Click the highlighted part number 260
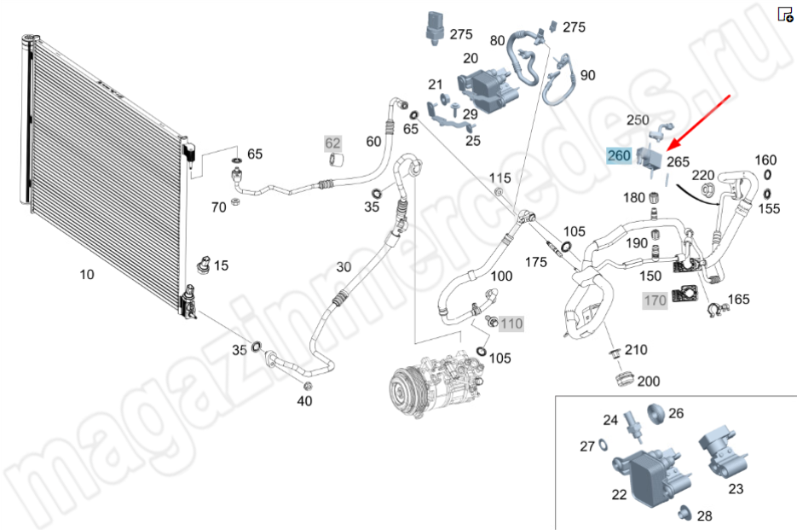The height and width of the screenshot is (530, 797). [x=619, y=155]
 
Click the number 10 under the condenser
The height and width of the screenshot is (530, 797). [x=86, y=274]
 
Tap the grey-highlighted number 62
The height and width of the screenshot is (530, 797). [x=332, y=142]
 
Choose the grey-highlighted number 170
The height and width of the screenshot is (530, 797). [x=655, y=300]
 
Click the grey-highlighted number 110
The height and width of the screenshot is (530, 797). [x=511, y=323]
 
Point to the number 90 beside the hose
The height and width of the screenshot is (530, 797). [x=587, y=75]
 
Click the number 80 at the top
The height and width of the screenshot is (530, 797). [x=497, y=40]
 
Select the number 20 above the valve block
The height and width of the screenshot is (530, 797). [x=471, y=58]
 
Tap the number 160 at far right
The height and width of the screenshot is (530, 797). [x=766, y=160]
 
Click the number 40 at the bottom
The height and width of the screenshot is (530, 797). [x=304, y=401]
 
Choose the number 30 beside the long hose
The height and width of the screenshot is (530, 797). [x=343, y=267]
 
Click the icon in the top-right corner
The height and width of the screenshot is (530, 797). [x=785, y=15]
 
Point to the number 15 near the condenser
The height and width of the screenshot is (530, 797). [x=221, y=265]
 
